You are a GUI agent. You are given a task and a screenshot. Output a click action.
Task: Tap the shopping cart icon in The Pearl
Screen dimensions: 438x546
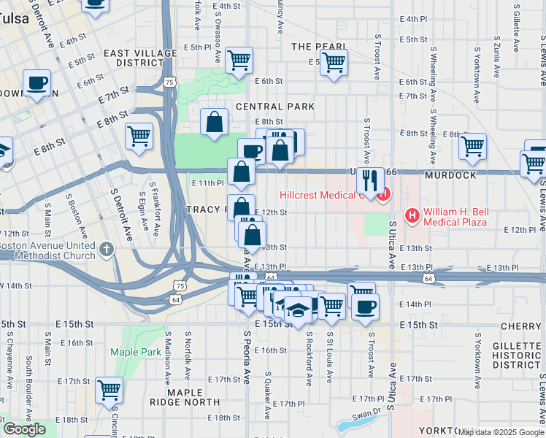point(334,63)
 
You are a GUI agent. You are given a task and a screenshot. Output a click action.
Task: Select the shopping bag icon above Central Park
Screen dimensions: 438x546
point(214,122)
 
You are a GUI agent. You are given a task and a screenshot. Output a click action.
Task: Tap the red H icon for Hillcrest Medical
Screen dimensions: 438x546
point(384,195)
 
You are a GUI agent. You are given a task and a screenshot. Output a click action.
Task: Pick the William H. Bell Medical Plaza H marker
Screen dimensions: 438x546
point(412,215)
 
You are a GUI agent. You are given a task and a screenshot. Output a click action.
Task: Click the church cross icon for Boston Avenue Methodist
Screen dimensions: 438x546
point(107,250)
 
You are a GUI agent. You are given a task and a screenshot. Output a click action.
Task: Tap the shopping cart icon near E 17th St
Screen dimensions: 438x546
point(109,391)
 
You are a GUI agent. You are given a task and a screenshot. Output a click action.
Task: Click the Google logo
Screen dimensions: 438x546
point(24,429)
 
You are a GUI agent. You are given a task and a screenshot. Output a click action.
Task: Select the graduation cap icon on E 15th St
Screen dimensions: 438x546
point(297,310)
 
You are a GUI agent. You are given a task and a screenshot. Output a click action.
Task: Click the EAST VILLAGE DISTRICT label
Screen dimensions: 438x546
point(140,58)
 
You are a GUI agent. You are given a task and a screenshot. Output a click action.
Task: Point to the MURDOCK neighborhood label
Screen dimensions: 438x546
point(456,176)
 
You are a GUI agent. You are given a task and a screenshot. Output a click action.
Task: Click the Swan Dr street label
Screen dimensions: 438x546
point(367,412)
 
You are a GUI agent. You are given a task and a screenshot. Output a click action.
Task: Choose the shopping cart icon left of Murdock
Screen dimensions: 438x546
point(472,146)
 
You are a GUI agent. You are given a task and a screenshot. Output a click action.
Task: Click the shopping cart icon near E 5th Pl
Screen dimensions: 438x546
point(239,61)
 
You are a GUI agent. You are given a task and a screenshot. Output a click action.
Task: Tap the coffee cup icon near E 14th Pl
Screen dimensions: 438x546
point(365,306)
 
